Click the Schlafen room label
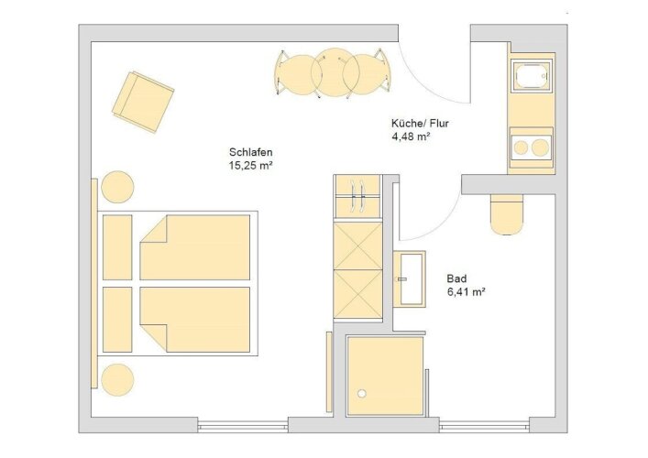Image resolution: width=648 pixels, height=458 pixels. (x=251, y=151)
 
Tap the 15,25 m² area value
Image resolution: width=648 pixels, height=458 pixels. (x=251, y=166)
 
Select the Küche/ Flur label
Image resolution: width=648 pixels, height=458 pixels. (x=420, y=123)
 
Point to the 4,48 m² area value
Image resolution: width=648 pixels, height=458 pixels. (x=412, y=136)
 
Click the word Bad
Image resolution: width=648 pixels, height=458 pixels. (x=456, y=278)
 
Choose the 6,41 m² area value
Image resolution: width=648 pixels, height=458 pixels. (x=467, y=292)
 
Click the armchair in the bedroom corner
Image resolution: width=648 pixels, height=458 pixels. (x=143, y=102)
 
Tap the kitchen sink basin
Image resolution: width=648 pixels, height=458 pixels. (x=531, y=76)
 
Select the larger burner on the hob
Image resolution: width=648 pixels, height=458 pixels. (x=540, y=147)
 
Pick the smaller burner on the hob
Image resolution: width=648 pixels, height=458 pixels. (x=522, y=147)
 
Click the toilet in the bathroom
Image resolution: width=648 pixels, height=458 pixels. (x=508, y=214)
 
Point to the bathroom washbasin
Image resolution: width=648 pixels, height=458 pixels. (x=411, y=278)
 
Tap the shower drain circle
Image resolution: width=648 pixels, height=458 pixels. (x=362, y=394)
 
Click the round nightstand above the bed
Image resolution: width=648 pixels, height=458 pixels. (x=117, y=187)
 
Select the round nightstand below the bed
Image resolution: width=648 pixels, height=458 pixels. (x=117, y=380)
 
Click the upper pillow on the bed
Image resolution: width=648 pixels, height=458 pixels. (x=117, y=247)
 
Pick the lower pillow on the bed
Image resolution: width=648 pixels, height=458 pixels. (x=117, y=320)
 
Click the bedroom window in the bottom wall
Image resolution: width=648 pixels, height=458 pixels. (x=243, y=426)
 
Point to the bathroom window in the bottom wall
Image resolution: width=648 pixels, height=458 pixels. (x=484, y=426)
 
